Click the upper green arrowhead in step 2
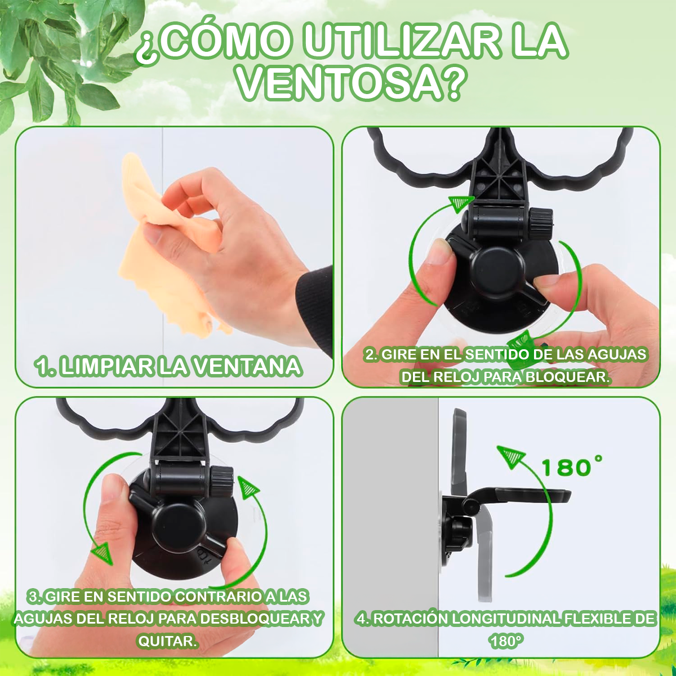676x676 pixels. pos(461,204)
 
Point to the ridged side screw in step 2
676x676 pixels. pos(541,224)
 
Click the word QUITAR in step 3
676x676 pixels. pos(167,641)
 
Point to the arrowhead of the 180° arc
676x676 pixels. pos(511,456)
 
